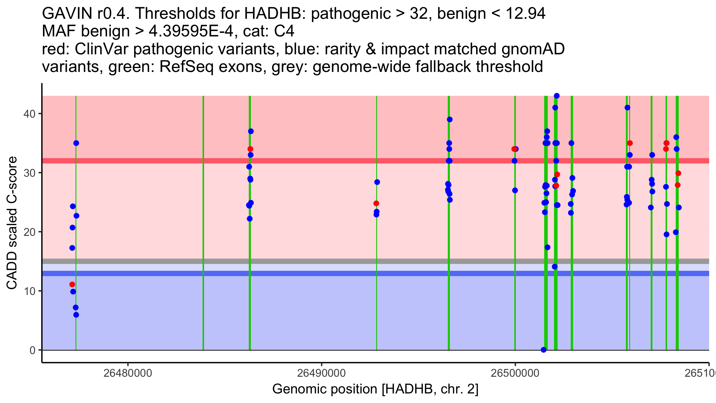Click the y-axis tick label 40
[x=29, y=114]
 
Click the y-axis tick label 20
[x=29, y=232]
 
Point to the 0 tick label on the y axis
[x=32, y=350]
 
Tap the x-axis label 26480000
[x=128, y=373]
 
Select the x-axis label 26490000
[x=321, y=373]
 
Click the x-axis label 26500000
[x=515, y=373]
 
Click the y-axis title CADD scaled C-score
[x=12, y=223]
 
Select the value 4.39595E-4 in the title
[x=191, y=31]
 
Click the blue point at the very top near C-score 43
[x=557, y=96]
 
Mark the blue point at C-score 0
[x=544, y=350]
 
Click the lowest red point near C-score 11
[x=72, y=284]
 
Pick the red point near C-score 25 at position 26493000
[x=376, y=204]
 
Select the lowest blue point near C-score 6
[x=76, y=315]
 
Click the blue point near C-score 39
[x=450, y=119]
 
